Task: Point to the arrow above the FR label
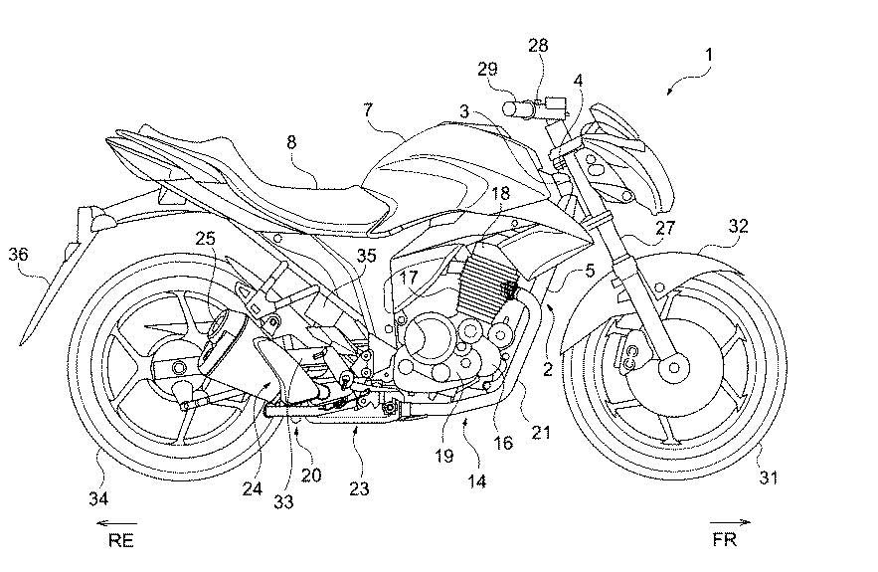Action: (730, 521)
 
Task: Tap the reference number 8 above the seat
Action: (291, 142)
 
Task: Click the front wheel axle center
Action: (676, 368)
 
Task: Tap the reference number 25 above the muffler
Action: (205, 238)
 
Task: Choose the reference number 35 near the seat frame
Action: (366, 257)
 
